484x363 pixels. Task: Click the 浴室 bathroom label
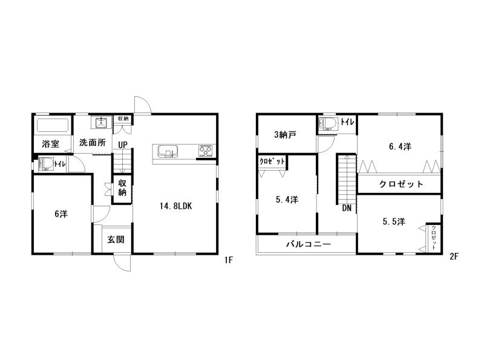coord(51,144)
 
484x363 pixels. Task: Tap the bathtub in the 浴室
coord(53,125)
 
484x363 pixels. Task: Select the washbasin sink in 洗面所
coord(101,122)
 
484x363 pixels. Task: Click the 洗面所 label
coord(93,143)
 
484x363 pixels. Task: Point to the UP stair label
coord(123,145)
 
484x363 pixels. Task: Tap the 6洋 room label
coord(61,214)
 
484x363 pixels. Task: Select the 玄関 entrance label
coord(116,240)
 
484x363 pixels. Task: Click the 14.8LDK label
coord(175,206)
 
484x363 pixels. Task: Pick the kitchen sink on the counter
coord(168,151)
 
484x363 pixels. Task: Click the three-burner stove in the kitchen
coord(205,150)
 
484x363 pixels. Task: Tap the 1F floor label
coord(229,260)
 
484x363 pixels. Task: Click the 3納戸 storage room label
coord(285,134)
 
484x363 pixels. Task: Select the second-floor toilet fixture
coord(328,123)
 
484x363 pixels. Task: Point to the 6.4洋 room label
coord(400,146)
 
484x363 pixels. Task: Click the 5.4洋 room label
coord(287,200)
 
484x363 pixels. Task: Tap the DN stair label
coord(347,208)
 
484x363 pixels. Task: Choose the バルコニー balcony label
coord(309,244)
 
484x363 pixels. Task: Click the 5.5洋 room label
coord(394,221)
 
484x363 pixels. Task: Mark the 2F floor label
coord(454,257)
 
